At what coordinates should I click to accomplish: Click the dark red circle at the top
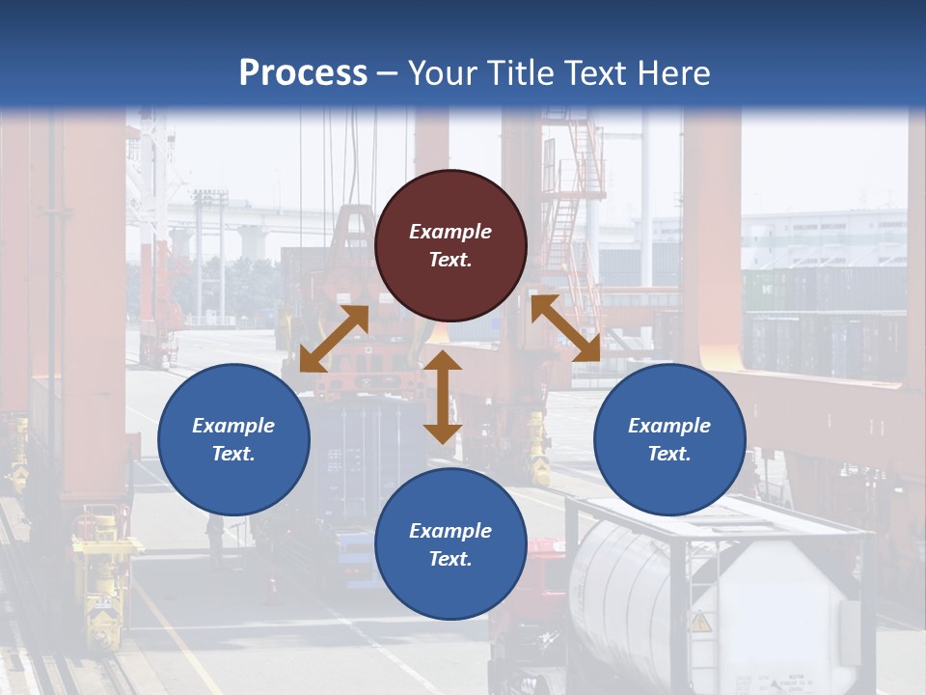450,245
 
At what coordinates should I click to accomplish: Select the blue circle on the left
233,439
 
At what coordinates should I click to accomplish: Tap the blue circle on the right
669,439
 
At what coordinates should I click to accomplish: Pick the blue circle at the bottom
450,544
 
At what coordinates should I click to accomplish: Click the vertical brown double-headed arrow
443,397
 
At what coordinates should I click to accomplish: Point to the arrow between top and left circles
334,339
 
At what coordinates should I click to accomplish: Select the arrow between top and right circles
565,328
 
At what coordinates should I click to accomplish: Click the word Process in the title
303,72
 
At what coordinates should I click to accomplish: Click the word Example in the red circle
450,232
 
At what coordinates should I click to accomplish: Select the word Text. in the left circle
233,454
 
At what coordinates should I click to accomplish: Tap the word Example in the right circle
669,426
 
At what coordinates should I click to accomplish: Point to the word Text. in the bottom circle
450,559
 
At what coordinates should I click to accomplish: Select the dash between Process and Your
388,73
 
